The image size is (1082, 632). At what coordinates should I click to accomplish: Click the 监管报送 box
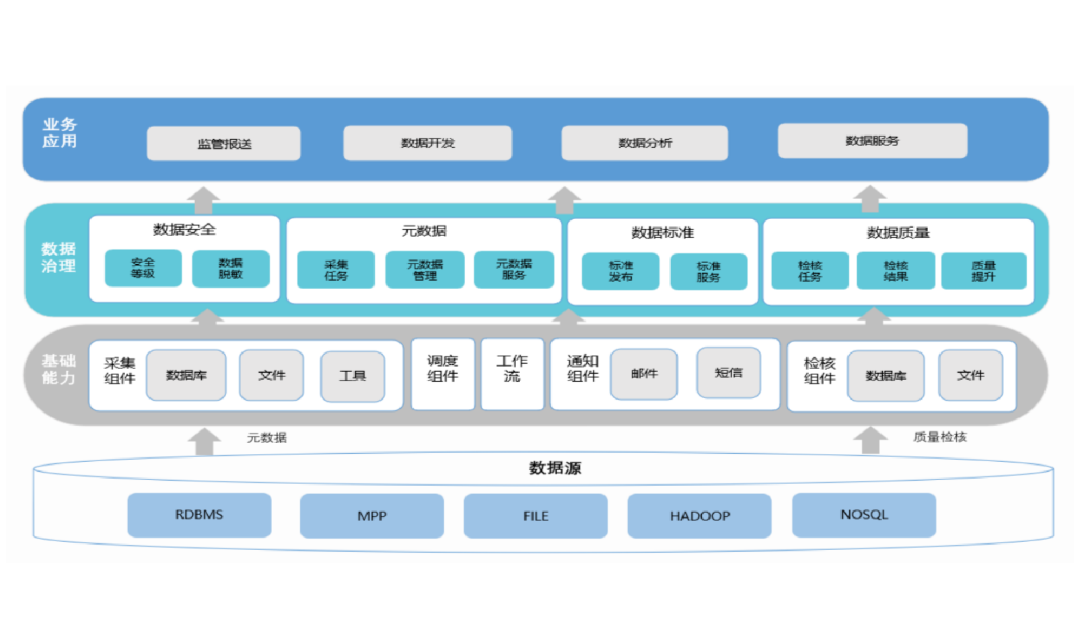tap(223, 143)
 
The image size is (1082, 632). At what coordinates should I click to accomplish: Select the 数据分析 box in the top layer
tap(645, 143)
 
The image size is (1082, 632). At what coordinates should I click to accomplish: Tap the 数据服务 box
tap(872, 141)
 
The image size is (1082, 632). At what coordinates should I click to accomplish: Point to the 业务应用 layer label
tap(59, 132)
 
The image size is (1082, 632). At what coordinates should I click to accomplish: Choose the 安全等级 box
tap(143, 268)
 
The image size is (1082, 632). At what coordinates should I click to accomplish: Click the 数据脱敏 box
tap(230, 268)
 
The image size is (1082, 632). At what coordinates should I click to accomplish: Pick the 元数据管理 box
tap(425, 270)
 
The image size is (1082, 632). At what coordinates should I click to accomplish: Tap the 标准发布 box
tap(620, 271)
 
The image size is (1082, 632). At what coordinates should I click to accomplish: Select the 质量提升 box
tap(983, 271)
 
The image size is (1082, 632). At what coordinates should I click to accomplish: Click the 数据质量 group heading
tap(898, 233)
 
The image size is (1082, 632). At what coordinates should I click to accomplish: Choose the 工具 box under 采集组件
tap(353, 376)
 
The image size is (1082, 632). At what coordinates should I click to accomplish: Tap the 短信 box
tap(728, 372)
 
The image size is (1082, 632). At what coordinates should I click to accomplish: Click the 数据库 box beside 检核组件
tap(886, 376)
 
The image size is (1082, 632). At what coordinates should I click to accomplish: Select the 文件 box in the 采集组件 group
tap(271, 375)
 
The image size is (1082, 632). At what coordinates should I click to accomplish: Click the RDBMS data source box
tap(199, 515)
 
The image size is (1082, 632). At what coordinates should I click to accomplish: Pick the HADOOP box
tap(699, 516)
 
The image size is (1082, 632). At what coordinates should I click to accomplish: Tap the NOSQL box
tap(864, 515)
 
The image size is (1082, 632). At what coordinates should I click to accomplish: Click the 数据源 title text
tap(554, 468)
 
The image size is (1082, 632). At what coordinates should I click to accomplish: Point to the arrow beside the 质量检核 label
tap(870, 440)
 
